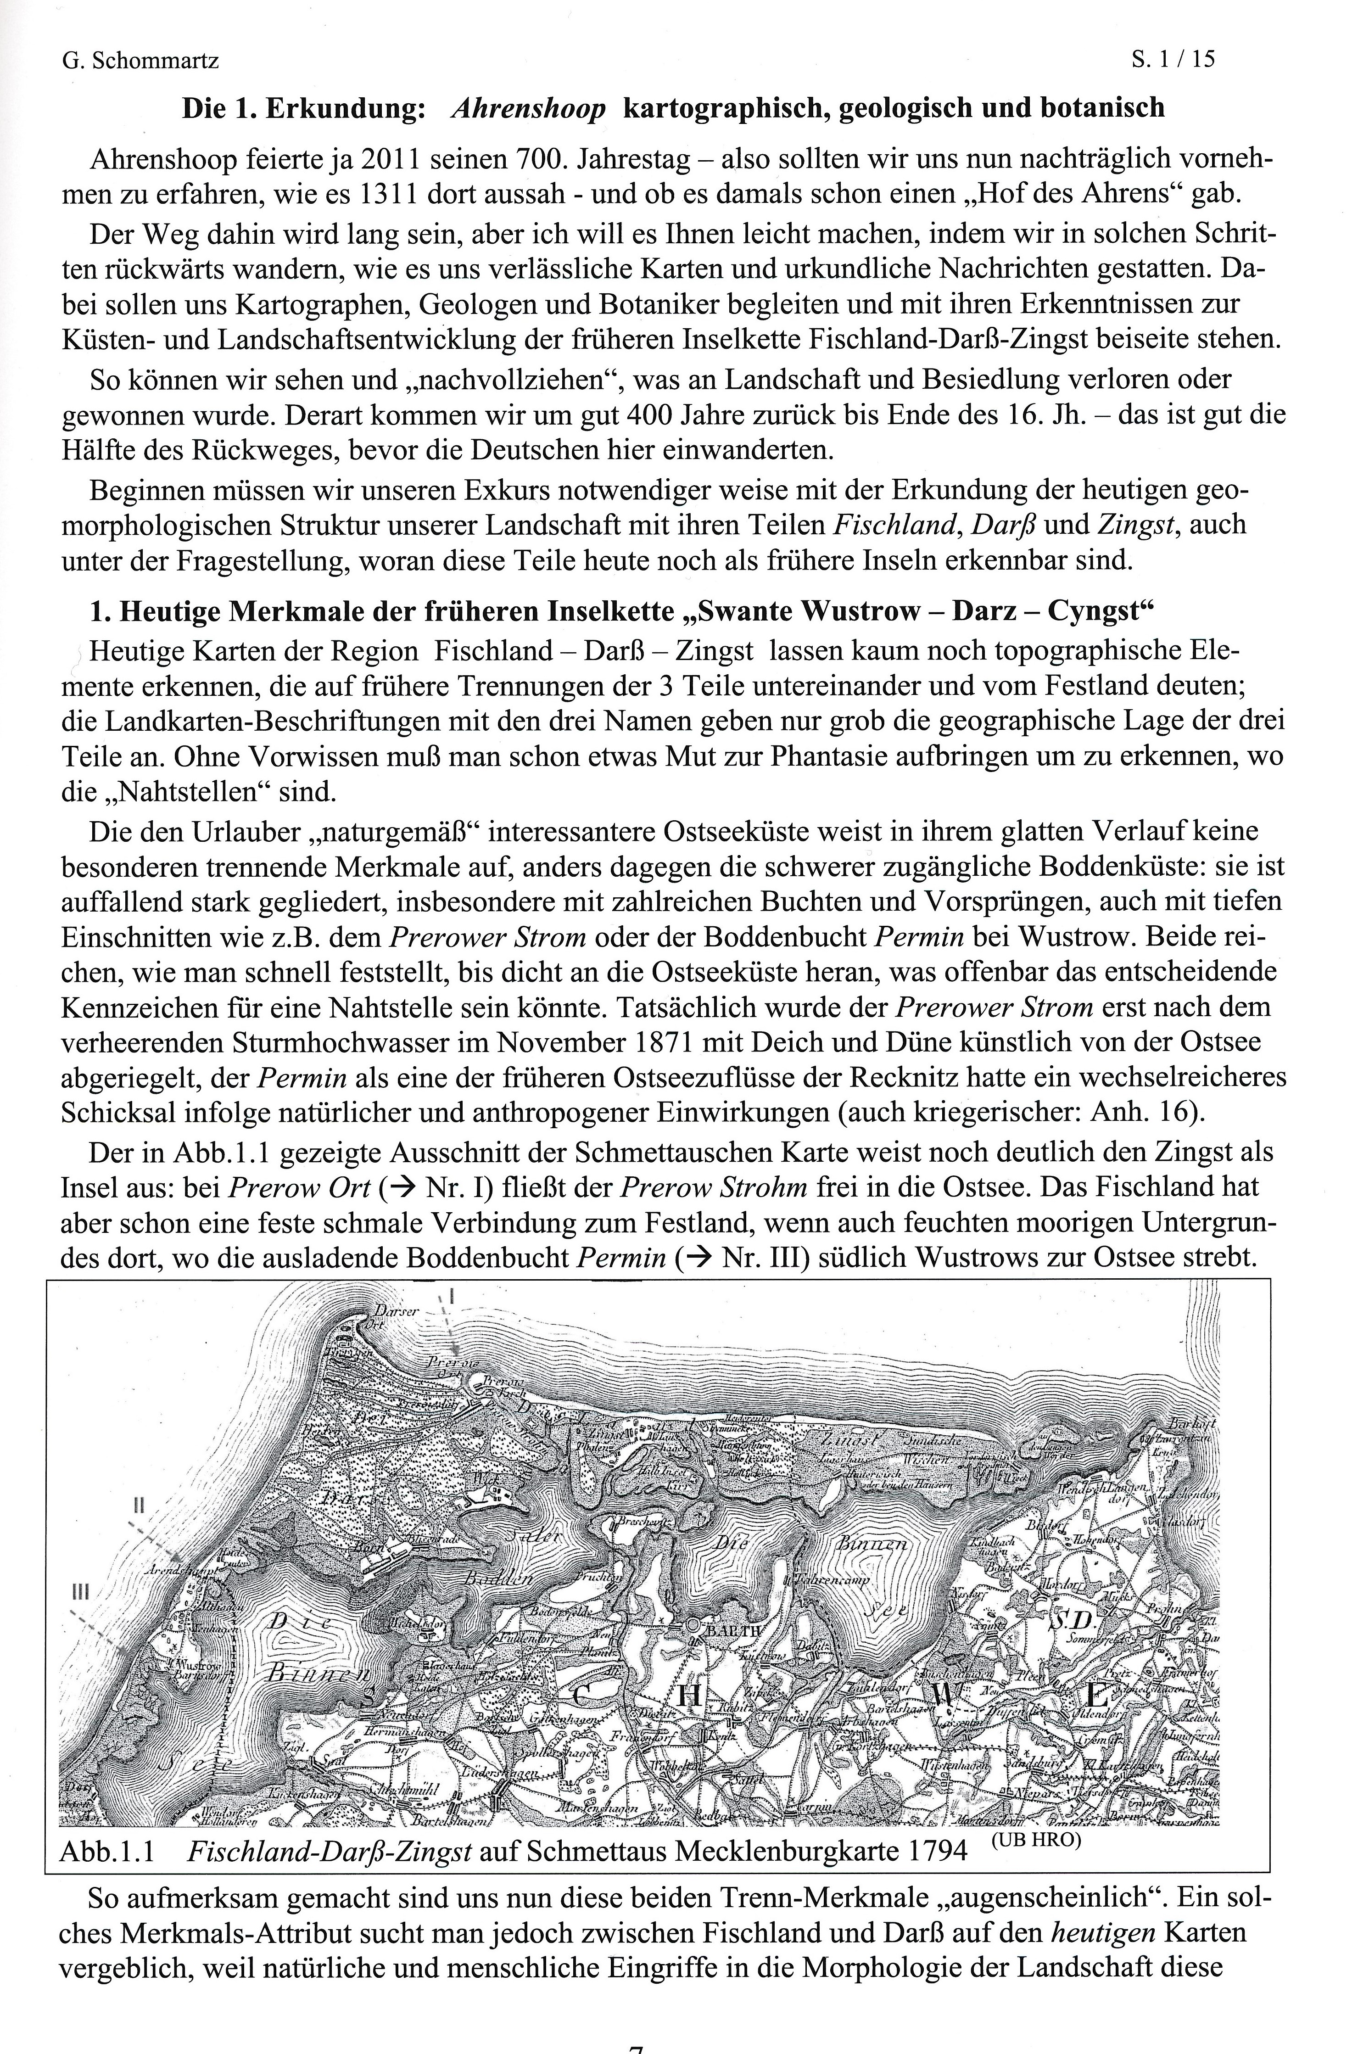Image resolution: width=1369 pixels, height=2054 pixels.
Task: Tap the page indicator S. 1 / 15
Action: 1173,59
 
